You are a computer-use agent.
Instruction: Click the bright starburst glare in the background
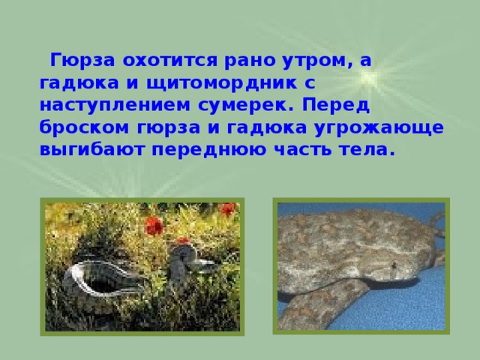[382, 75]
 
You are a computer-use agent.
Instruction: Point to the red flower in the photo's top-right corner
[228, 210]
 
